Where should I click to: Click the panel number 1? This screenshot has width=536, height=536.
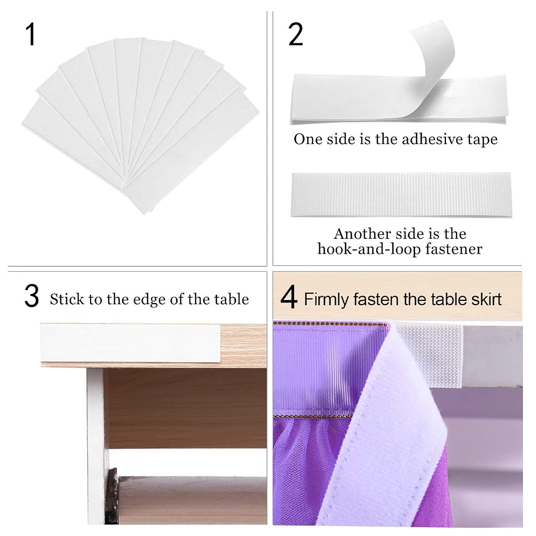coord(30,35)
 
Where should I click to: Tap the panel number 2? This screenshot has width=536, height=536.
coord(296,34)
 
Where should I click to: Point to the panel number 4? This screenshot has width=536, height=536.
coord(289,298)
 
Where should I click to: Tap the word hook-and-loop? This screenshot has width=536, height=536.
coord(368,249)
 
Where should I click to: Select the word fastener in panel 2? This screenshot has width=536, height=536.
coord(454,249)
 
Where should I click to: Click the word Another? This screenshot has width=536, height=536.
coord(362,234)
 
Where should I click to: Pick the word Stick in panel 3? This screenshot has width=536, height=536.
coord(66,299)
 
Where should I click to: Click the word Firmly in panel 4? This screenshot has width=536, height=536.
coord(326,299)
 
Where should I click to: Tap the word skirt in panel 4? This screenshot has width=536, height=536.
coord(486,299)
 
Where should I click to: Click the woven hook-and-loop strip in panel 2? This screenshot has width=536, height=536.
coord(401,195)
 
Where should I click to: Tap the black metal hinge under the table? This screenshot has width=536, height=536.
coord(112,495)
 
